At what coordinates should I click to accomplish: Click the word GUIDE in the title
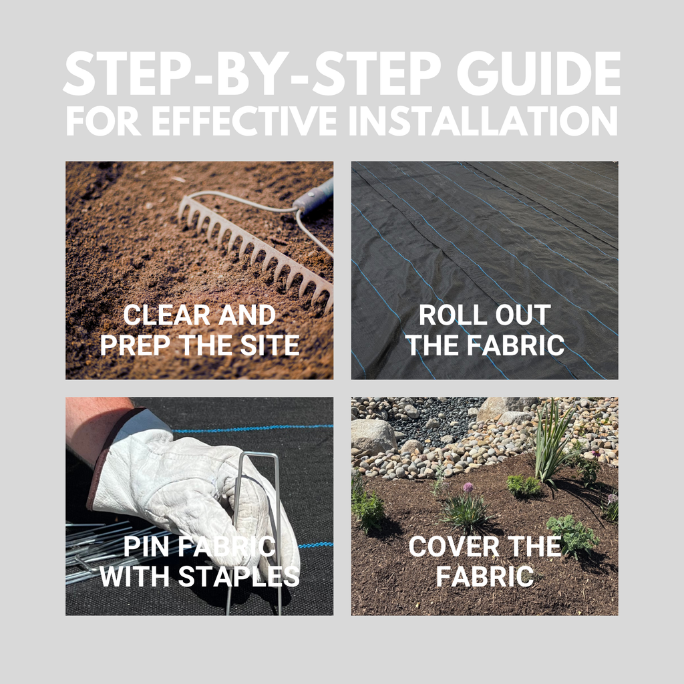pyautogui.click(x=538, y=73)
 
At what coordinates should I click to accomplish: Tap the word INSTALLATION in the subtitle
pyautogui.click(x=484, y=120)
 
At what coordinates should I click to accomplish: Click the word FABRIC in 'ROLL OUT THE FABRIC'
pyautogui.click(x=516, y=345)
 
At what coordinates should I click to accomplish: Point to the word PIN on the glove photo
pyautogui.click(x=146, y=546)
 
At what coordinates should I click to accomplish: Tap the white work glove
pyautogui.click(x=192, y=488)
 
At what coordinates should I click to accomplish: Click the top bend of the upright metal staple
pyautogui.click(x=256, y=454)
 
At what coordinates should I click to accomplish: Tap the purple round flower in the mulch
pyautogui.click(x=468, y=487)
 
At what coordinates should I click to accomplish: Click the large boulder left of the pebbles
pyautogui.click(x=373, y=436)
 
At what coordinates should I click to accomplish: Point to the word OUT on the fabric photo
pyautogui.click(x=523, y=315)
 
